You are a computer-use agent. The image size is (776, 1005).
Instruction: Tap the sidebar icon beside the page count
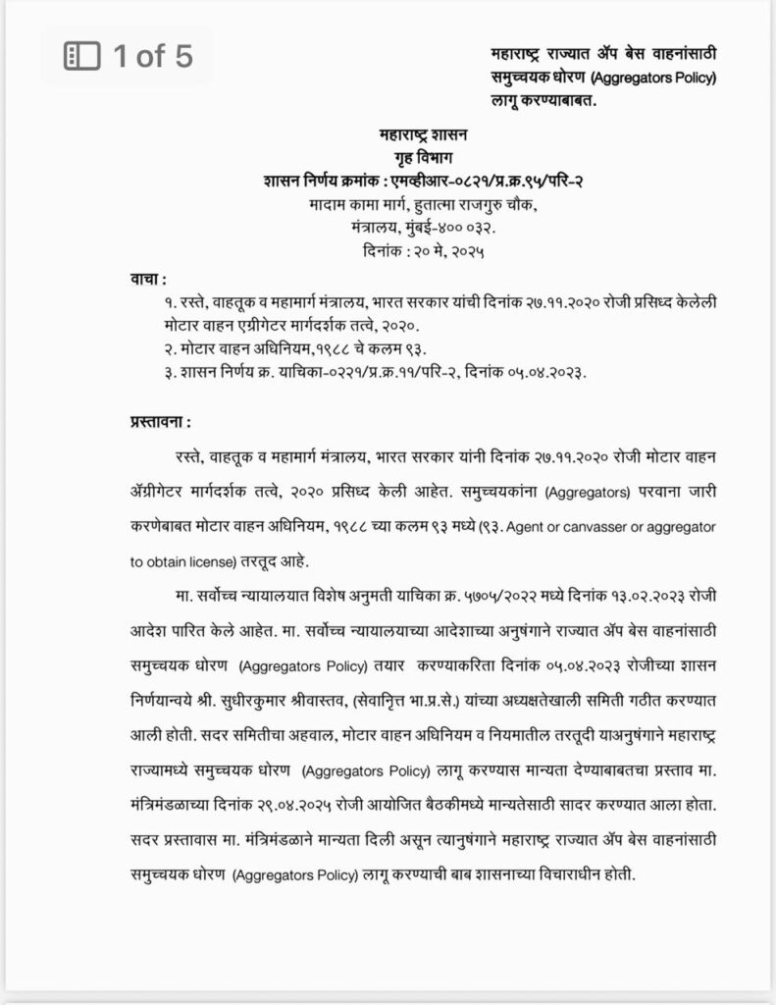point(78,56)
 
